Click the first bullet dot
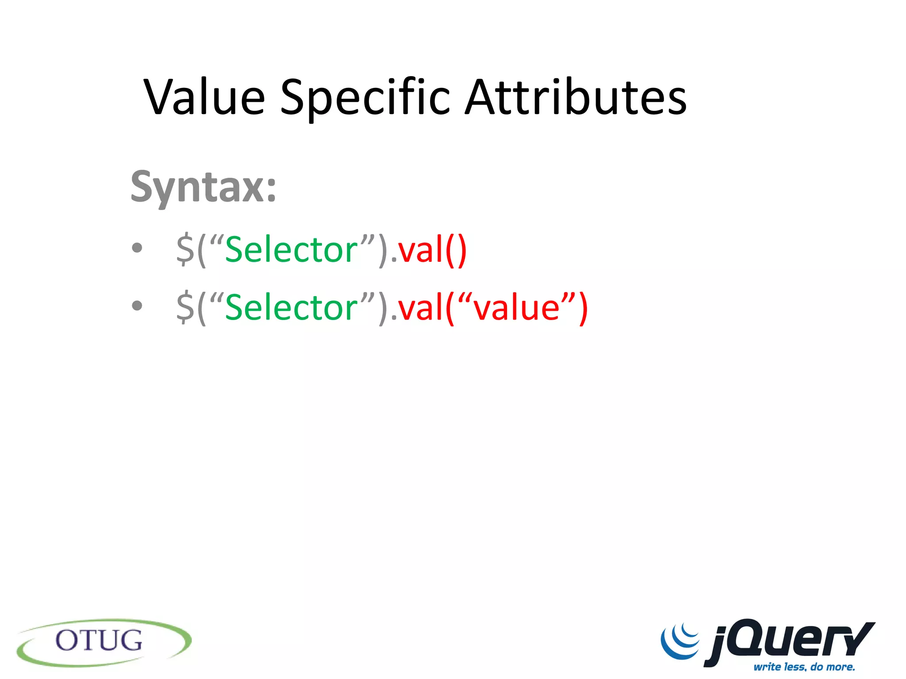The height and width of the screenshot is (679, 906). pyautogui.click(x=137, y=248)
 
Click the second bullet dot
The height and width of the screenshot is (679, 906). pyautogui.click(x=137, y=305)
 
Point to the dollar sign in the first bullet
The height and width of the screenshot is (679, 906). pyautogui.click(x=185, y=250)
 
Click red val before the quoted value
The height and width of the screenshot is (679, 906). pyautogui.click(x=421, y=308)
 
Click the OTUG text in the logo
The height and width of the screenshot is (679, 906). pyautogui.click(x=99, y=641)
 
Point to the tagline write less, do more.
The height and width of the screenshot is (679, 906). pyautogui.click(x=804, y=667)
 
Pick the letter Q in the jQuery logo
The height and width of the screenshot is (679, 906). pyautogui.click(x=752, y=639)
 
